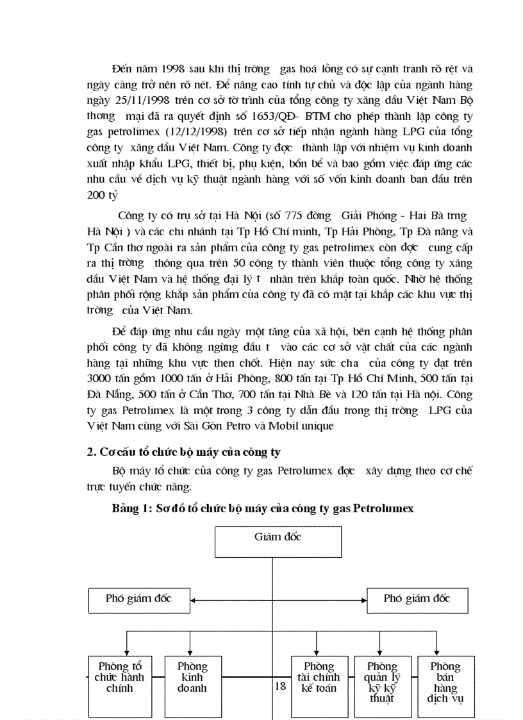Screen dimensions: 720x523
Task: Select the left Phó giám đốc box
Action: (138, 599)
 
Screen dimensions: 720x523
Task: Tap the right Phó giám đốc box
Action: (417, 599)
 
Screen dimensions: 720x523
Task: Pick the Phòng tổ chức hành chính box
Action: (119, 685)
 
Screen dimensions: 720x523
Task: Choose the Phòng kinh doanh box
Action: (193, 685)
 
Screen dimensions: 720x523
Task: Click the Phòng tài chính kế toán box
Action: (319, 685)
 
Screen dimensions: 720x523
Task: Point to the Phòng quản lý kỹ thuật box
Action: (382, 685)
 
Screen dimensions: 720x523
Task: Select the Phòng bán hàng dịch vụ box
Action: (445, 685)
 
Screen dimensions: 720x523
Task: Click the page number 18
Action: (280, 687)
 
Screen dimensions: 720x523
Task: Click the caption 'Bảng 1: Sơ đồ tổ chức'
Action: (263, 508)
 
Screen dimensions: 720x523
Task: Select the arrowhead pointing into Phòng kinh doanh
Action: (193, 652)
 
